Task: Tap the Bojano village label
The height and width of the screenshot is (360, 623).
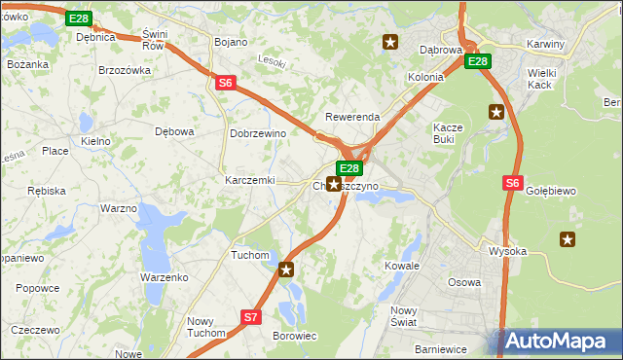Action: click(x=230, y=42)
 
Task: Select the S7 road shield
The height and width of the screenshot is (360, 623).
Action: click(x=250, y=316)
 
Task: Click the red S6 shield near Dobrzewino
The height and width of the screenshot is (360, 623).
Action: click(x=225, y=84)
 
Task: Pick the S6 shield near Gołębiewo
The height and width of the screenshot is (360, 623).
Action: click(x=513, y=182)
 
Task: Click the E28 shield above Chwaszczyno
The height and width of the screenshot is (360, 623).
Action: click(x=349, y=168)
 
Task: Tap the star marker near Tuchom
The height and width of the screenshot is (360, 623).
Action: click(x=285, y=270)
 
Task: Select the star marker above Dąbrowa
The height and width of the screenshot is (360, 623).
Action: click(x=390, y=41)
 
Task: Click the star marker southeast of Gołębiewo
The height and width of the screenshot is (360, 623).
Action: click(x=568, y=238)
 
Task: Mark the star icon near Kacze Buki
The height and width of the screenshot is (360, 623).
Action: click(x=496, y=111)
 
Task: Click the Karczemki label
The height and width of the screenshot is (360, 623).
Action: click(x=250, y=181)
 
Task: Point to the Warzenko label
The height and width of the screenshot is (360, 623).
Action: click(x=164, y=277)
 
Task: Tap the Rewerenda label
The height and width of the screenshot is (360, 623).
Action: click(x=351, y=117)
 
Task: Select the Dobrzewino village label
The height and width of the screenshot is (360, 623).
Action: click(x=256, y=133)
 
